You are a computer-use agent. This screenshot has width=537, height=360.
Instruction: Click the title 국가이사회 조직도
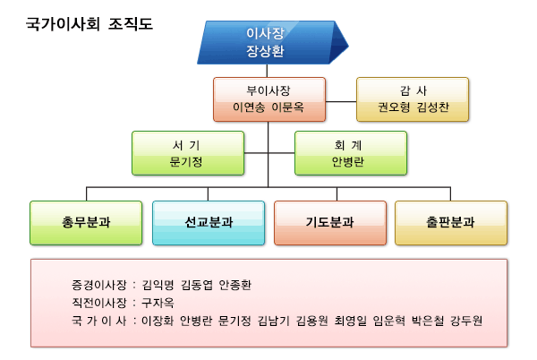pos(89,24)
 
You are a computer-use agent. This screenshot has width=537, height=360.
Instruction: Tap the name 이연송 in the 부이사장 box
pos(249,107)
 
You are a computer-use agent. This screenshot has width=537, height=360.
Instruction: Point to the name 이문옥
pos(287,107)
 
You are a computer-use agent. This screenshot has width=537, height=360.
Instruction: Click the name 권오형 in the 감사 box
pos(394,107)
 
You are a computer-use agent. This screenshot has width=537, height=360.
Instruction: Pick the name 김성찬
pos(432,107)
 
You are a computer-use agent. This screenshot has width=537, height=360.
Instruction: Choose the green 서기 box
pos(188,153)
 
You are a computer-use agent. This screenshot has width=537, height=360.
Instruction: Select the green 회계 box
pos(351,153)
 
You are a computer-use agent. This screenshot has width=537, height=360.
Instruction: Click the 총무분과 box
pos(86,223)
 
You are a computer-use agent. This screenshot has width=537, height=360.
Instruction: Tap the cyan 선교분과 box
pos(209,223)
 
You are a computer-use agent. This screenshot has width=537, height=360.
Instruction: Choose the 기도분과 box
pos(330,223)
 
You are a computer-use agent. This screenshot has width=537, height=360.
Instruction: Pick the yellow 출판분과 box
pos(451,223)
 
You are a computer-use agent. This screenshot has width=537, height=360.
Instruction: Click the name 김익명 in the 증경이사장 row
pos(158,285)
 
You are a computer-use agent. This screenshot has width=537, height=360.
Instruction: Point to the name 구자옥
pos(158,303)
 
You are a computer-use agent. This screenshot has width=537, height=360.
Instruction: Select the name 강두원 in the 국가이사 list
pos(466,321)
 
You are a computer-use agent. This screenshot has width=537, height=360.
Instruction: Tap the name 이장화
pos(158,321)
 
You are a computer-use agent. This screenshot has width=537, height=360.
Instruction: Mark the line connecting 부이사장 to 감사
pos(341,101)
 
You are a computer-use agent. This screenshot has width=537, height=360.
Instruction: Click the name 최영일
pos(350,321)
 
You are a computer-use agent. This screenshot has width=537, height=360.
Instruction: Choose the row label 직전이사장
pos(99,303)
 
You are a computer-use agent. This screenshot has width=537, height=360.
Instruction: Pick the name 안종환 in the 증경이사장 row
pos(234,285)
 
